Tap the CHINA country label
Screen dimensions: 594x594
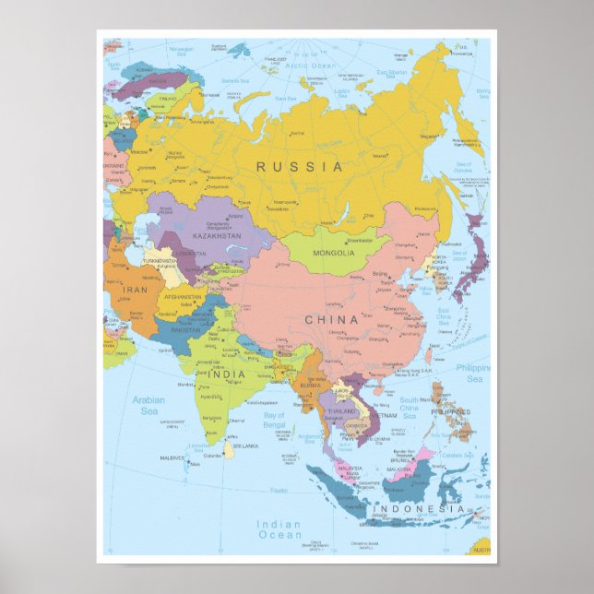pos(331,320)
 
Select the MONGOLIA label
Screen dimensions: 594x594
pos(333,253)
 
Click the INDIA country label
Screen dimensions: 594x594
pos(226,374)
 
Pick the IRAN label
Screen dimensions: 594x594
pos(136,289)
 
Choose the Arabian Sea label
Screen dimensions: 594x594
pos(148,406)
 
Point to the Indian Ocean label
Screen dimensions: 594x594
pos(279,529)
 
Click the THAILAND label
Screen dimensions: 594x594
pos(341,410)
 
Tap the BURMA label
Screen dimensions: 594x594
pos(310,385)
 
